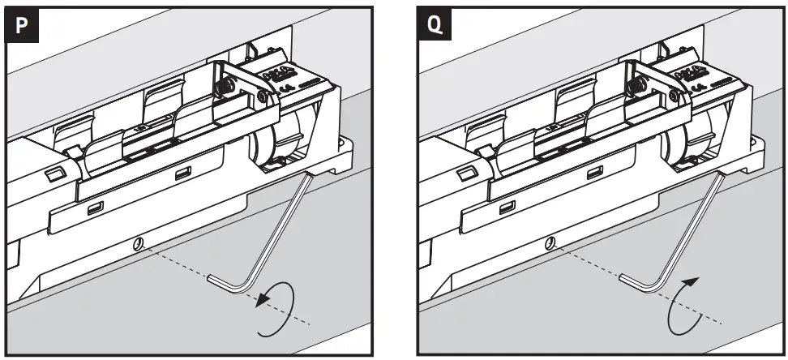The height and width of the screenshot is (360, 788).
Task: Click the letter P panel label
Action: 23,26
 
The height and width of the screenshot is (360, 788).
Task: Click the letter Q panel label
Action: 435,26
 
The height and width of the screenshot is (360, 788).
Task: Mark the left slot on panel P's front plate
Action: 96,208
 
